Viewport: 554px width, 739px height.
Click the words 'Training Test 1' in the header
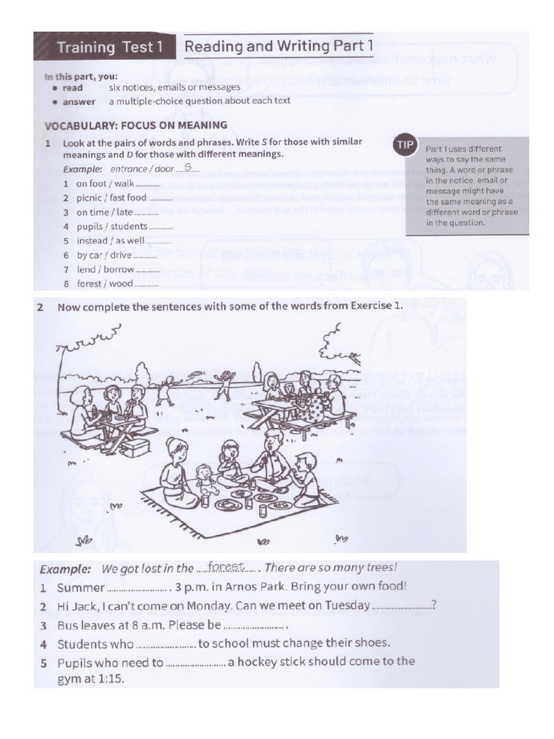pos(106,48)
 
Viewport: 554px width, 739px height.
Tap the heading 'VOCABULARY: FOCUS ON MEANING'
pos(136,125)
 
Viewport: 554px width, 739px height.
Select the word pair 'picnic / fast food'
pos(111,197)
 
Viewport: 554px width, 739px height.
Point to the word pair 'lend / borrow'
pos(105,269)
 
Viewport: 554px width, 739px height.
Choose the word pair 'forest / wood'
pos(105,284)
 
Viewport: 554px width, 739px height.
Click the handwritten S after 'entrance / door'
pos(188,167)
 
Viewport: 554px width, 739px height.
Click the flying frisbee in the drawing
pos(196,372)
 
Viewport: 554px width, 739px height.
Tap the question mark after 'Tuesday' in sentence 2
pos(433,605)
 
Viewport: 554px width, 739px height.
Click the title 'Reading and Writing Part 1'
pos(278,47)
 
